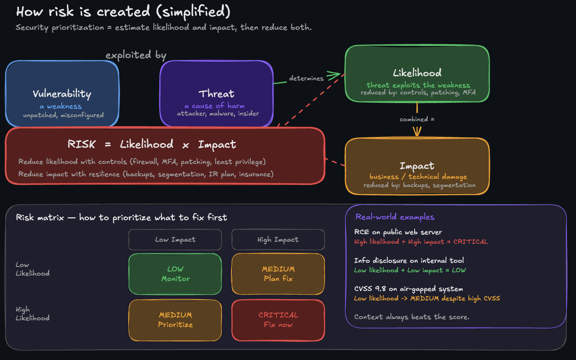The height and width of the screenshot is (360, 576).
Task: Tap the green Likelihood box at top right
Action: (x=417, y=73)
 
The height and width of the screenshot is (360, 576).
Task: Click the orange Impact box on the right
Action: (x=417, y=166)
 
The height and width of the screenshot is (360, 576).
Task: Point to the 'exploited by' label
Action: (x=136, y=55)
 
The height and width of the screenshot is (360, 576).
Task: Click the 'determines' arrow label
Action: (x=306, y=78)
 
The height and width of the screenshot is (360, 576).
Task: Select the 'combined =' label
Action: (x=417, y=119)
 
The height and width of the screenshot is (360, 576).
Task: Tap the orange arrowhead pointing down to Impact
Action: (x=417, y=132)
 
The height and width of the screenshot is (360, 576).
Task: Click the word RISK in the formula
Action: (x=82, y=144)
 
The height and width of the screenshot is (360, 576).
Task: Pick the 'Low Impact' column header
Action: (x=175, y=240)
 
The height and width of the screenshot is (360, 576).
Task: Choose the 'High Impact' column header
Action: (x=278, y=240)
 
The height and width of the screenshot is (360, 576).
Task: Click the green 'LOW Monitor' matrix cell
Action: (x=175, y=274)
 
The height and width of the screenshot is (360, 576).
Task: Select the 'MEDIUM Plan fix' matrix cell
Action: (x=278, y=274)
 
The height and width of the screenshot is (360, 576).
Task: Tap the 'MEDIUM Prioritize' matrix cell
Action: (x=175, y=320)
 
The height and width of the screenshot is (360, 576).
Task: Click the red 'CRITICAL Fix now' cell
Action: (x=278, y=320)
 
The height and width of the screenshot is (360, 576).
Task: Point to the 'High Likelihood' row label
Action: (x=32, y=314)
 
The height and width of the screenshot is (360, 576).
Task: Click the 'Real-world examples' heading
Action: (x=395, y=217)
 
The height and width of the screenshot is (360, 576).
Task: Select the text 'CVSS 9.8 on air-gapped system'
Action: (x=408, y=289)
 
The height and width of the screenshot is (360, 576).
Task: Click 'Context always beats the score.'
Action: (x=412, y=317)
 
